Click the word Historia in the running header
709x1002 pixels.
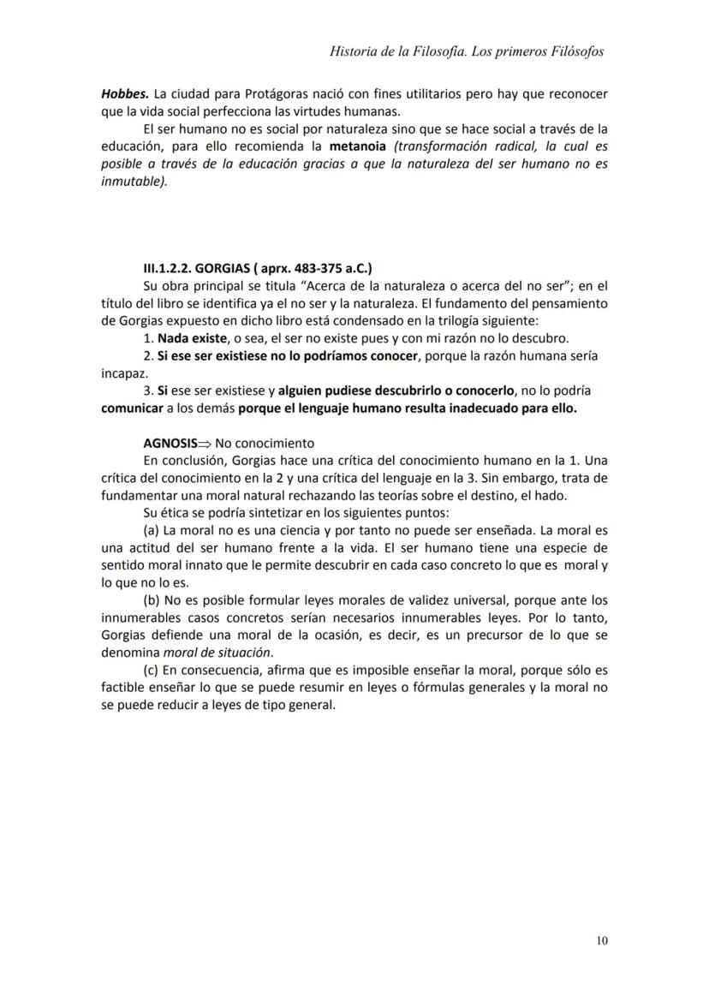352,51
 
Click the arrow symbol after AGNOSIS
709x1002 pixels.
205,443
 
